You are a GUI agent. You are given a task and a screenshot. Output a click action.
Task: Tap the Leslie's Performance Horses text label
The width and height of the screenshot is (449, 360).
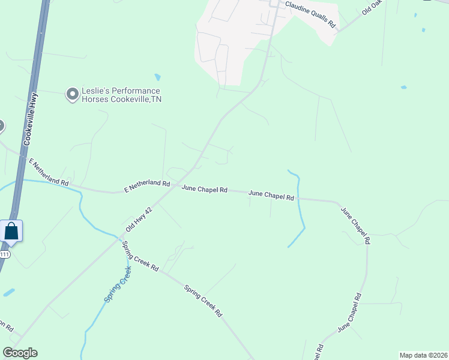[x=122, y=95]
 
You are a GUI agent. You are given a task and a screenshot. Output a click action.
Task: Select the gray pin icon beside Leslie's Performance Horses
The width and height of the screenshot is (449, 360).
[x=73, y=94]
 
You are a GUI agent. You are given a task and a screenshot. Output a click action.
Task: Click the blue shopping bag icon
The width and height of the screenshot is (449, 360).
[x=11, y=231]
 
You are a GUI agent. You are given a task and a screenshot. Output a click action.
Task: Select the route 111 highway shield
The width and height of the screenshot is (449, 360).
[x=4, y=254]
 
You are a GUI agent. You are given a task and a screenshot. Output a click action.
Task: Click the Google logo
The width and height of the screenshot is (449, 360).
[x=20, y=353]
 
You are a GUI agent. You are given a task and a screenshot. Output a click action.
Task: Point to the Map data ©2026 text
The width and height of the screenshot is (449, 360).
[x=424, y=355]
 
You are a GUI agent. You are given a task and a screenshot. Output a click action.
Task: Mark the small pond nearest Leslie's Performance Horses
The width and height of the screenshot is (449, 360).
[x=157, y=77]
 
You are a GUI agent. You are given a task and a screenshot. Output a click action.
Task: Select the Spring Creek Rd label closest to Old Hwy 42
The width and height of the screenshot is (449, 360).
[x=140, y=256]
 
